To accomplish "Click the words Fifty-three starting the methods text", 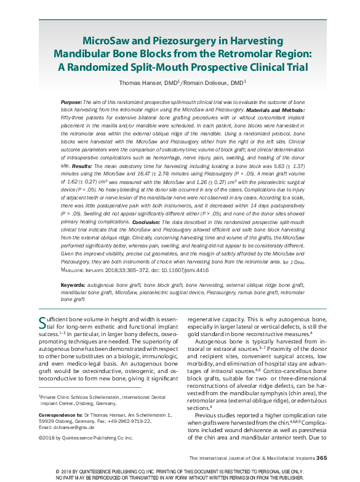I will tap(74, 116).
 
